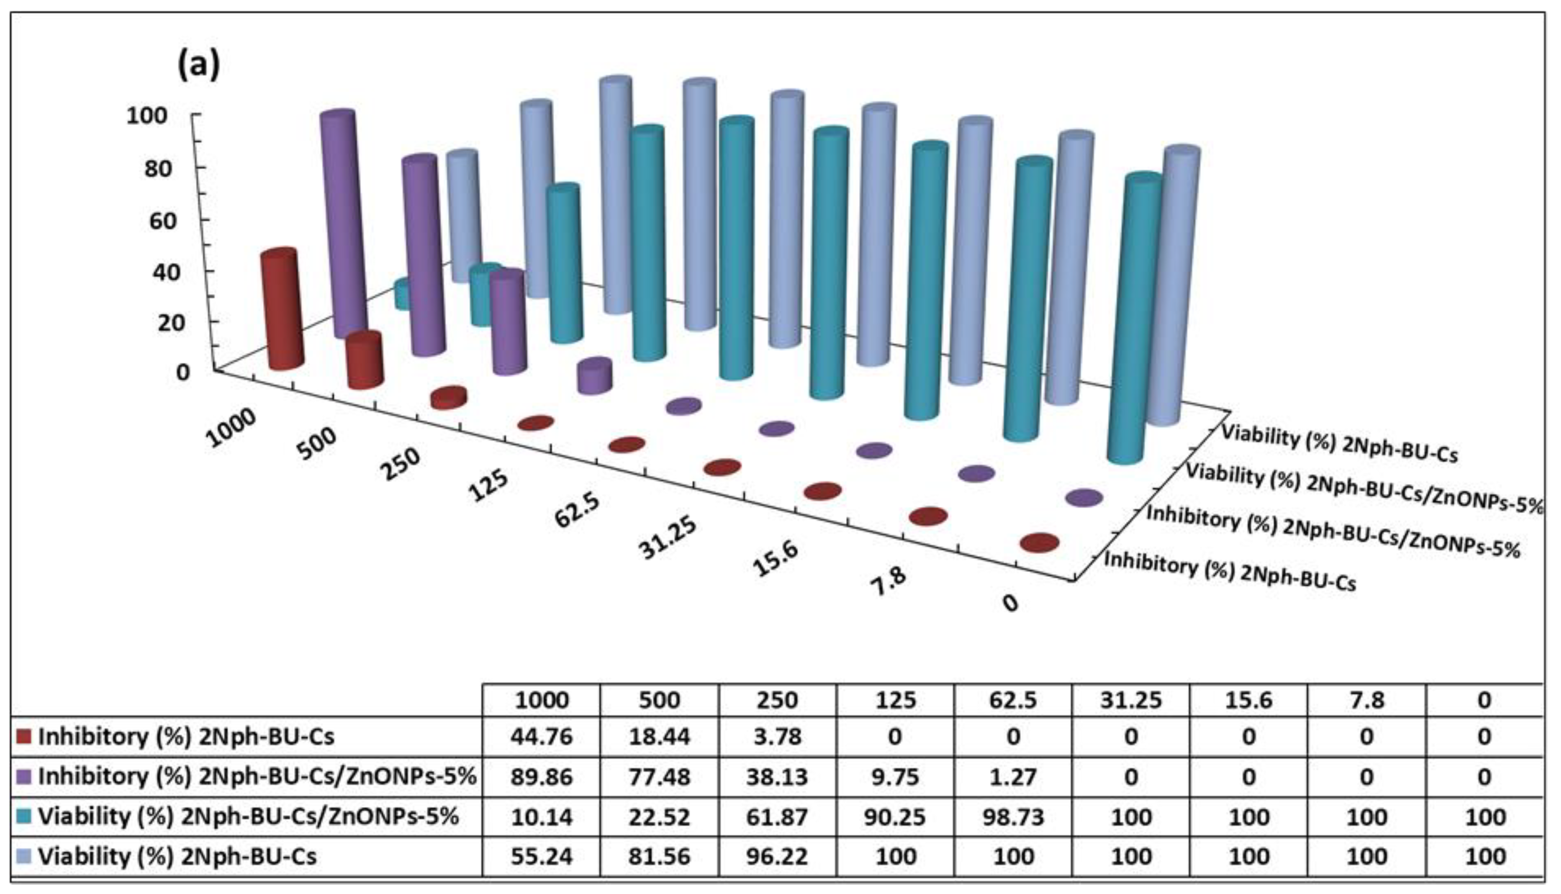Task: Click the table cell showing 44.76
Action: pyautogui.click(x=541, y=736)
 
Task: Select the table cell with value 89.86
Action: pyautogui.click(x=541, y=777)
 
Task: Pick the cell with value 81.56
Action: pyautogui.click(x=659, y=856)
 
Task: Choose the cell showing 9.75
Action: pyautogui.click(x=895, y=777)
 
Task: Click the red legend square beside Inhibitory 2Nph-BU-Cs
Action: pyautogui.click(x=24, y=736)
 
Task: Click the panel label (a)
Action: pyautogui.click(x=198, y=65)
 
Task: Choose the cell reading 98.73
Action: pyautogui.click(x=1013, y=817)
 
